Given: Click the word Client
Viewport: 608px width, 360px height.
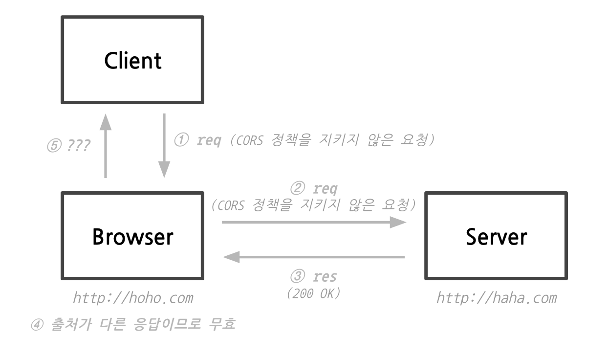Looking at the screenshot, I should tap(132, 61).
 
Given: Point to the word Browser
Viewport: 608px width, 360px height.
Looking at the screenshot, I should tap(132, 237).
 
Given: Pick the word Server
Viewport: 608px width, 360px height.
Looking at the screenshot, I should tap(496, 237).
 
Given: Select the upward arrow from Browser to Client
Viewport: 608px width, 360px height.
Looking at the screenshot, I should tap(105, 146).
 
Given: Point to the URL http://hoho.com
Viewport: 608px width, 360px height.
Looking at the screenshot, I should tap(132, 297).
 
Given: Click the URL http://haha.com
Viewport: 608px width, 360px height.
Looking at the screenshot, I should tap(496, 297).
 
